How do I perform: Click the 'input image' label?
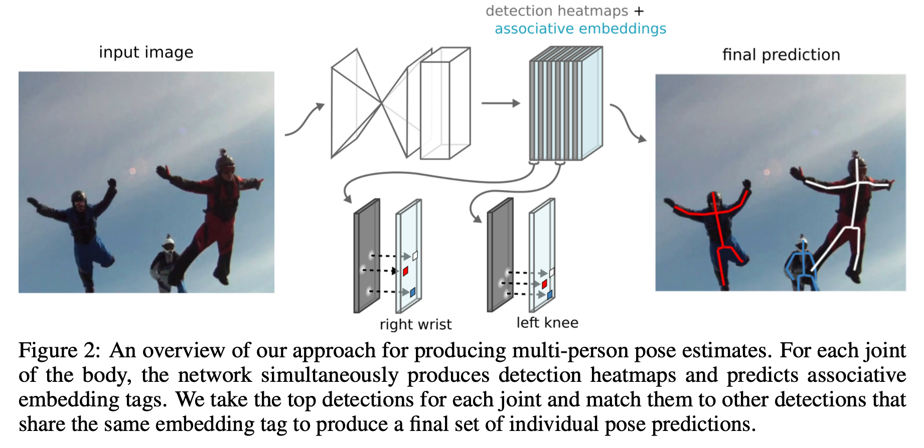(146, 53)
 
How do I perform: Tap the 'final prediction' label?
(781, 55)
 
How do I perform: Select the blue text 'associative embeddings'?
(580, 29)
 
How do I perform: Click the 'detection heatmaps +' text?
(564, 11)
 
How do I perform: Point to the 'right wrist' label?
(415, 325)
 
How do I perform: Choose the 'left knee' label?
(547, 323)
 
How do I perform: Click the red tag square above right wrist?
(405, 271)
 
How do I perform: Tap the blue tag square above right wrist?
(412, 292)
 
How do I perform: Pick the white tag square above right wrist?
(415, 256)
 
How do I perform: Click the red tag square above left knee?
(544, 284)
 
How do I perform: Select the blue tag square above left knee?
(549, 295)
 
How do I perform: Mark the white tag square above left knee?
(552, 273)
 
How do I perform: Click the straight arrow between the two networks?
(500, 103)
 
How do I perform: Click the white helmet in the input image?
(168, 244)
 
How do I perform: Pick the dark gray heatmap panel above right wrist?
(367, 256)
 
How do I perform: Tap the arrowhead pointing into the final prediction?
(642, 139)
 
